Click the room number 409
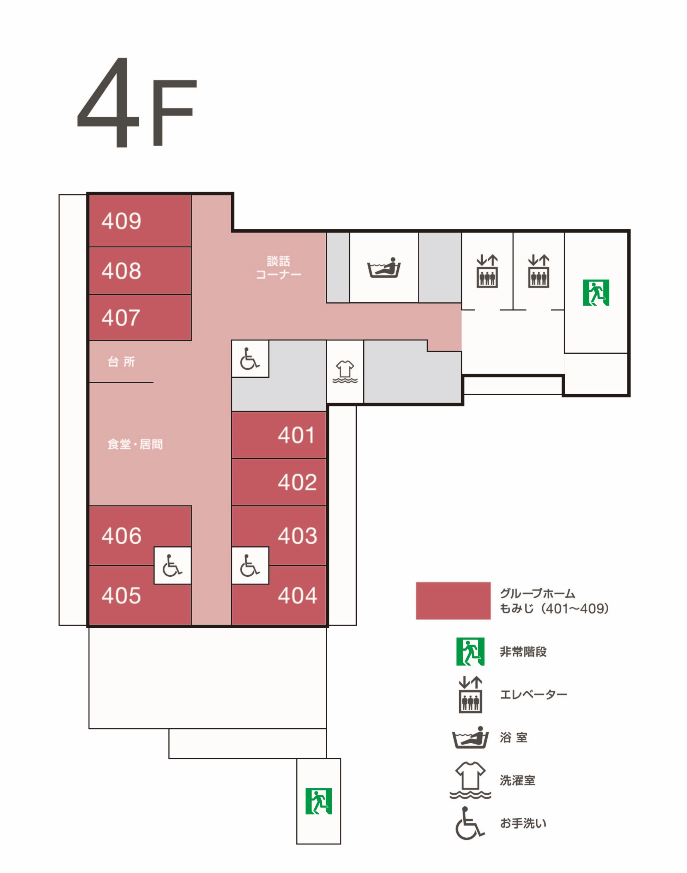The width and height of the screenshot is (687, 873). pyautogui.click(x=121, y=221)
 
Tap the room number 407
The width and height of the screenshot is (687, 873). pyautogui.click(x=121, y=318)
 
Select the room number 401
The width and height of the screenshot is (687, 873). pyautogui.click(x=296, y=435)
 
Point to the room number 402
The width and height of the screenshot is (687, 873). pyautogui.click(x=298, y=482)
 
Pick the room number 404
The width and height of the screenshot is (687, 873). pyautogui.click(x=298, y=595)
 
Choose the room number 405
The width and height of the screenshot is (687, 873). pyautogui.click(x=121, y=595)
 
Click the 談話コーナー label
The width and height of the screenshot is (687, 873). pyautogui.click(x=278, y=268)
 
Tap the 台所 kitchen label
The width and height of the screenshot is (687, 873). pyautogui.click(x=121, y=362)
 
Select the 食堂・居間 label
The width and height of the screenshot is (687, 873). pyautogui.click(x=135, y=444)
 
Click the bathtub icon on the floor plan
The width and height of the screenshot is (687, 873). pyautogui.click(x=384, y=267)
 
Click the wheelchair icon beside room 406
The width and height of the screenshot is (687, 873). pyautogui.click(x=172, y=565)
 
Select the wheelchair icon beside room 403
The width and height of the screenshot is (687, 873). pyautogui.click(x=250, y=565)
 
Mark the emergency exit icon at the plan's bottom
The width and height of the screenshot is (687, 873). pyautogui.click(x=319, y=801)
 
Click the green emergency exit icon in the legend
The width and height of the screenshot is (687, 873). pyautogui.click(x=470, y=651)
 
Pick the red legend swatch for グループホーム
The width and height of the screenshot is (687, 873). pyautogui.click(x=453, y=601)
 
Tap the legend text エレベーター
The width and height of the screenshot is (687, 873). pyautogui.click(x=534, y=695)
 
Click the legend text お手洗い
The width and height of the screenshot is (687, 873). pyautogui.click(x=523, y=824)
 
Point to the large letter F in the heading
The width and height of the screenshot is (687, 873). pyautogui.click(x=175, y=113)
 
